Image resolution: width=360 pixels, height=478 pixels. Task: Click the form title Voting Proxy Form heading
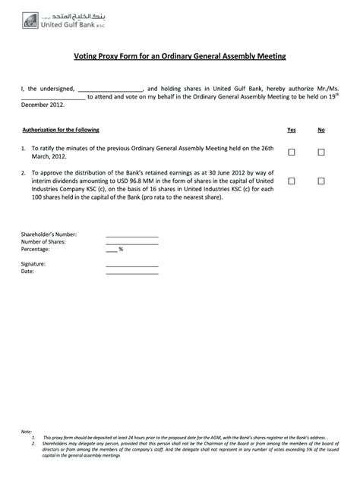pos(179,56)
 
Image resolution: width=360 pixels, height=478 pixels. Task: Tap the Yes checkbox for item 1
pos(292,152)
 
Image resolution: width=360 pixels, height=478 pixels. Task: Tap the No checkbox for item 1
pos(321,152)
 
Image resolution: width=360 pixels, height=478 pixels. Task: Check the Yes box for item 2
pos(292,181)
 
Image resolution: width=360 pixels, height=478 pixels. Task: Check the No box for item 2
pos(321,181)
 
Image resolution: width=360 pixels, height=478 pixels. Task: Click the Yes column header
pos(292,130)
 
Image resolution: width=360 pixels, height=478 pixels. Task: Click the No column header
pos(321,130)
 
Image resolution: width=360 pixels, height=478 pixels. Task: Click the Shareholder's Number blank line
pos(131,236)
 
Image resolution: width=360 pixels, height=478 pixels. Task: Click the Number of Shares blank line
pos(131,243)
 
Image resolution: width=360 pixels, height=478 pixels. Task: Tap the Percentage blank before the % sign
pos(111,250)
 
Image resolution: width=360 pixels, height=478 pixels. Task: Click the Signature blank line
pos(131,265)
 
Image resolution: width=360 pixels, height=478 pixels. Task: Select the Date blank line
pos(131,272)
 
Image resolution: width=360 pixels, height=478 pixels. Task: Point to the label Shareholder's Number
pos(49,234)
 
